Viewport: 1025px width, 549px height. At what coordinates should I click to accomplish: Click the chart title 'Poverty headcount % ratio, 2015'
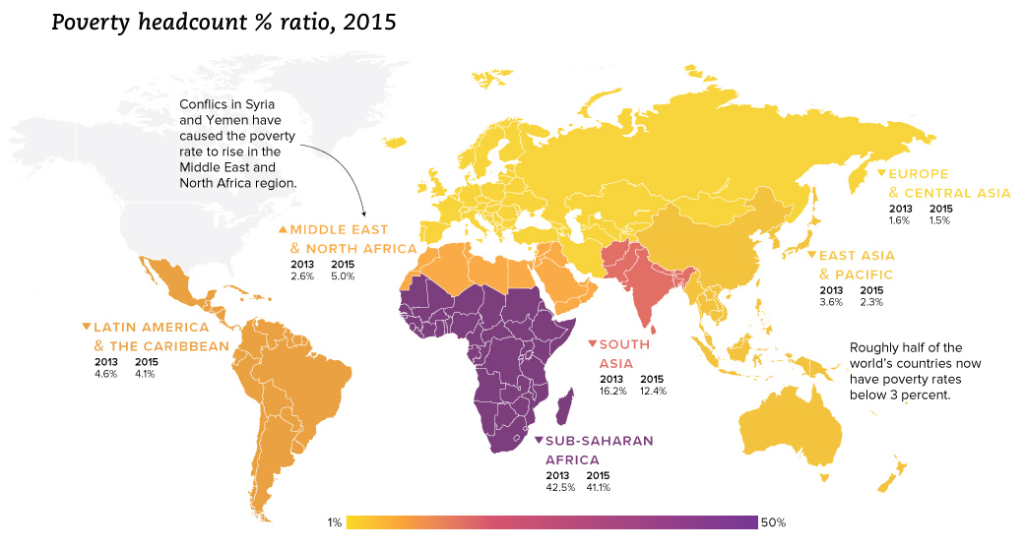point(224,22)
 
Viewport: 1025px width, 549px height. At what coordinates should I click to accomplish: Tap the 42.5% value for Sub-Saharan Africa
point(557,485)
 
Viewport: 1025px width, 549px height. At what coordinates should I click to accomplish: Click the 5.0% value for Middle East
point(343,275)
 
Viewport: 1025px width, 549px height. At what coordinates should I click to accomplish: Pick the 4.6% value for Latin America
point(105,373)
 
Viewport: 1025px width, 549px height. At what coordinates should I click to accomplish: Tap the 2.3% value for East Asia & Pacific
point(871,302)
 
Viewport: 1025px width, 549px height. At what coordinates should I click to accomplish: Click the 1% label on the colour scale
point(334,522)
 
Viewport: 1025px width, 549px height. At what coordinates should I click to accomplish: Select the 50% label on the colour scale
point(773,522)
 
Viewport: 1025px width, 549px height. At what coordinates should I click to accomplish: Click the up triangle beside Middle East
point(284,229)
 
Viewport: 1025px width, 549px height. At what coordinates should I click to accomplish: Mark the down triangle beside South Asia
point(592,343)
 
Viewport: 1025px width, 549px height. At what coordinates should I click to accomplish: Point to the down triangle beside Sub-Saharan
point(539,441)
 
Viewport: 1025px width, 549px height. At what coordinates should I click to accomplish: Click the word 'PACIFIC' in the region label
point(864,274)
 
